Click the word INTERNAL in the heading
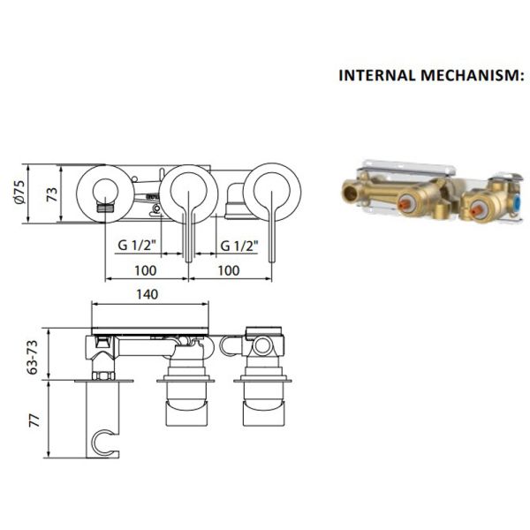377,75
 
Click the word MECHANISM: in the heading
473,75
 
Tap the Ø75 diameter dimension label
19,193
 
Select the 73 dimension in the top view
52,194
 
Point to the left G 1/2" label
137,245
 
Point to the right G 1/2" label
239,246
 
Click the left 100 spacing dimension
146,270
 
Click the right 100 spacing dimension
229,270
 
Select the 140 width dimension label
147,294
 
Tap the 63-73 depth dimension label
33,357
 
